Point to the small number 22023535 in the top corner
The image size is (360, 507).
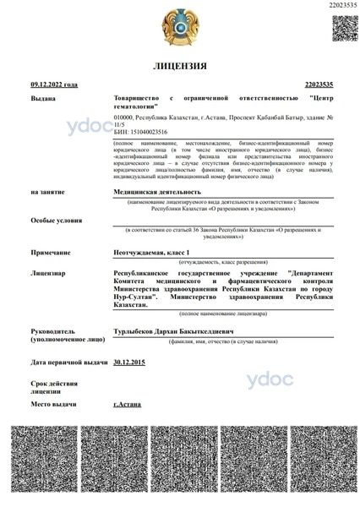point(341,7)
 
